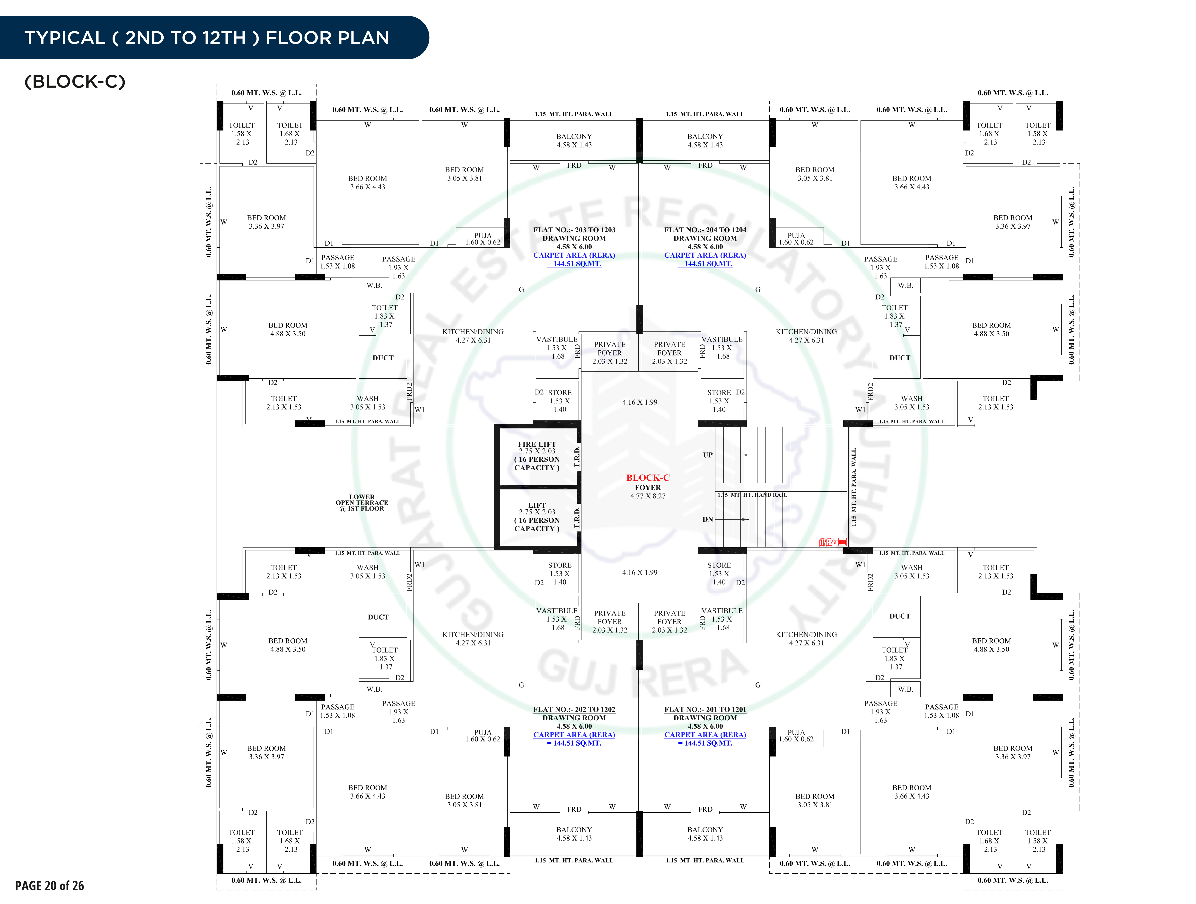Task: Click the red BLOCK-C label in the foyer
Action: coord(647,478)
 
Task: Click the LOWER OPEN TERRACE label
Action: coord(362,502)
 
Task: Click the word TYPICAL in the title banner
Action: coord(64,38)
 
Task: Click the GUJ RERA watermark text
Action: coord(643,673)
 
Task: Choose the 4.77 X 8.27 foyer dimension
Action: coord(647,496)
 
